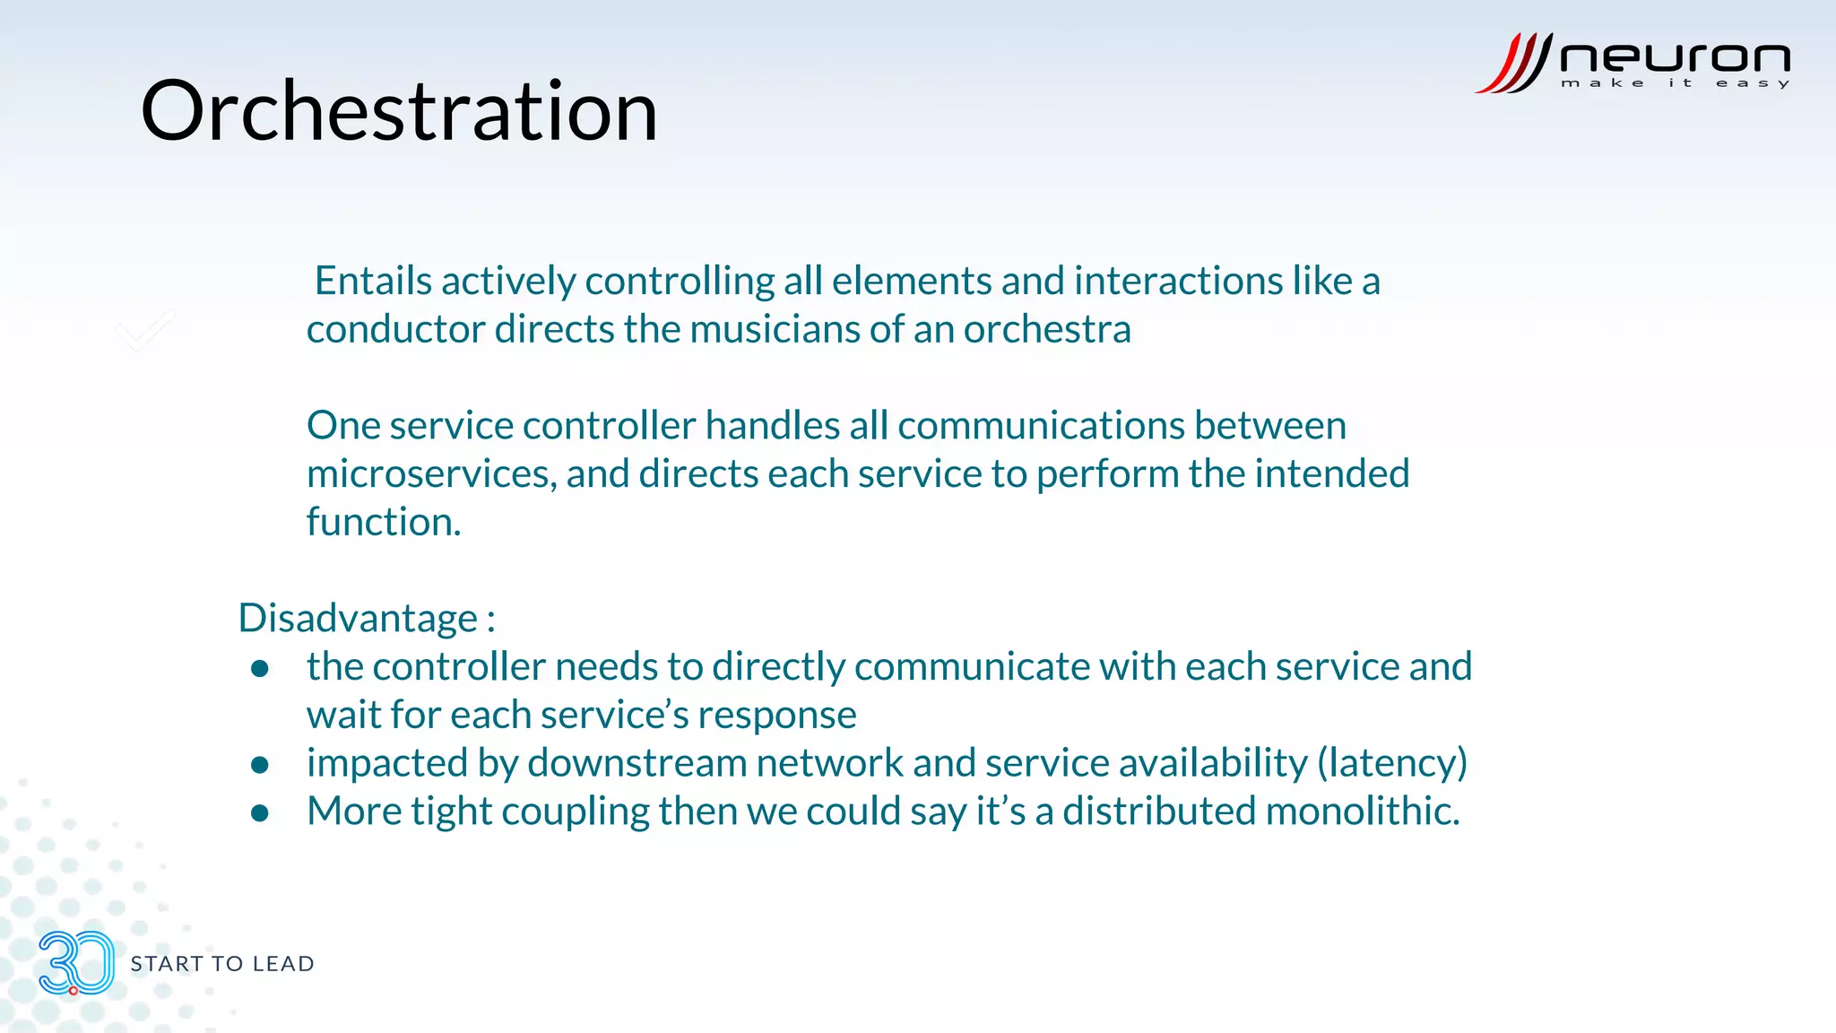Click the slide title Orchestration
coord(399,111)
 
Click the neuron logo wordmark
coord(1674,58)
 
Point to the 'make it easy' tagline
coord(1674,83)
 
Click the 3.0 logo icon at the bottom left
coord(76,963)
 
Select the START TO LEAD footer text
coord(222,964)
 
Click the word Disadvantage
coord(358,619)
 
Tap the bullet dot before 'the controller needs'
coord(260,669)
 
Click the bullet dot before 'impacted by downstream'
coord(260,765)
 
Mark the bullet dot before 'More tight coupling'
coord(260,813)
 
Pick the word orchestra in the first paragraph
coord(1046,330)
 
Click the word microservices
coord(431,474)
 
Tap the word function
coord(383,523)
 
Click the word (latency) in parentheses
coord(1391,763)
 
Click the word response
coord(776,716)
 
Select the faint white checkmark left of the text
coord(146,330)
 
